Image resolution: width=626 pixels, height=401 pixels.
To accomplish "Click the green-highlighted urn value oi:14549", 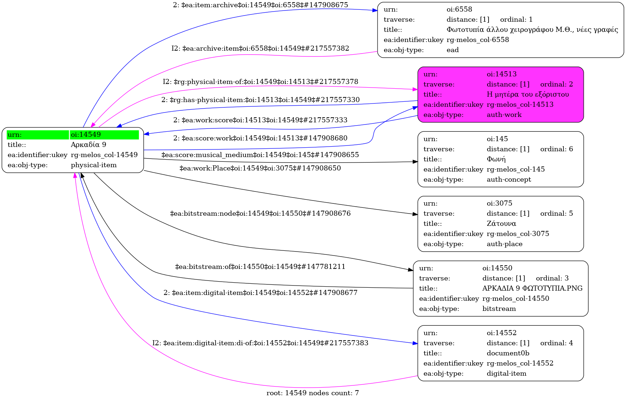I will click(x=86, y=135).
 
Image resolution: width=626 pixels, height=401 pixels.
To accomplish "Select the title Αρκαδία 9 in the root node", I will click(x=89, y=145).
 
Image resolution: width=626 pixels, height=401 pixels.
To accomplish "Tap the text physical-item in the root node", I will click(x=94, y=165).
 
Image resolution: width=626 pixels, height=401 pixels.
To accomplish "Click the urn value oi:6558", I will click(x=459, y=9).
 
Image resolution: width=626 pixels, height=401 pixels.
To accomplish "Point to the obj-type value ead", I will click(x=452, y=50).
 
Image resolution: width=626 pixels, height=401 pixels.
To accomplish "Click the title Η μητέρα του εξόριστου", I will click(x=528, y=94).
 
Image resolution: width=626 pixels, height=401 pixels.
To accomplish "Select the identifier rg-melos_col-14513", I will click(x=520, y=105).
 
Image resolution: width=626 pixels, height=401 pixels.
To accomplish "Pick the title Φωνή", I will click(x=496, y=159).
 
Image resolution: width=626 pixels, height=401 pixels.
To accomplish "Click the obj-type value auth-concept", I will click(x=509, y=180).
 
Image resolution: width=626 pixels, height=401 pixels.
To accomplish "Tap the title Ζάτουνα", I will click(x=501, y=224).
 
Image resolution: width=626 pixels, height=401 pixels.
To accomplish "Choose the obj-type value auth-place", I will click(x=504, y=244).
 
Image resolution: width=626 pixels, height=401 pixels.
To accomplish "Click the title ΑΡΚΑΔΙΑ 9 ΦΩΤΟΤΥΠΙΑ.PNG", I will click(x=532, y=288).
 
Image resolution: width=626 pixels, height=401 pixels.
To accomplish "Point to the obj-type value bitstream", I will click(x=499, y=309).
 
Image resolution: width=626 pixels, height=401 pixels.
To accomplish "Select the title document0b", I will click(x=508, y=353).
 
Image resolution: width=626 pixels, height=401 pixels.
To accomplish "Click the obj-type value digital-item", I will click(x=506, y=373).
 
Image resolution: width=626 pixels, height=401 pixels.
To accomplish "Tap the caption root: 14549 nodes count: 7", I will click(x=312, y=393).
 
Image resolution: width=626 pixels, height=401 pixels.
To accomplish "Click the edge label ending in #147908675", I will click(x=260, y=5).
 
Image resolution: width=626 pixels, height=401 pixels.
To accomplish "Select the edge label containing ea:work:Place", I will click(x=260, y=168).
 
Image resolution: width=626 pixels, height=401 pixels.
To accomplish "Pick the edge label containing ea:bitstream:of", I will click(x=260, y=267).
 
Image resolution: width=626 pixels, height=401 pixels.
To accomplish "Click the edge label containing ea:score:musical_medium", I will click(x=260, y=155).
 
